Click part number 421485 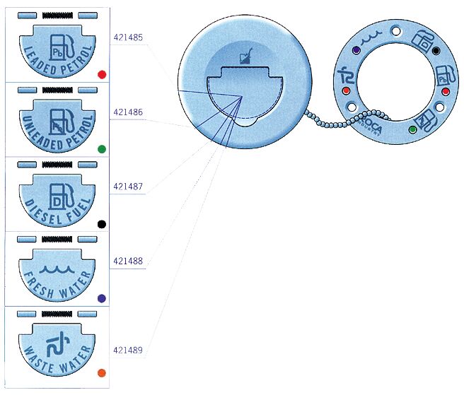(x=127, y=36)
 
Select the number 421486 (x=127, y=112)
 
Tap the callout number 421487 (x=127, y=187)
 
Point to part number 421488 (x=127, y=261)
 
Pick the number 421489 (x=127, y=350)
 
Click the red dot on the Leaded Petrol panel (x=102, y=73)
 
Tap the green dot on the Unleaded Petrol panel (x=102, y=149)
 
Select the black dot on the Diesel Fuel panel (x=102, y=224)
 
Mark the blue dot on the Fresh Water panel (x=102, y=298)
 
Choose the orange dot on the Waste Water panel (x=102, y=372)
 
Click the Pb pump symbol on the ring (x=445, y=75)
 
